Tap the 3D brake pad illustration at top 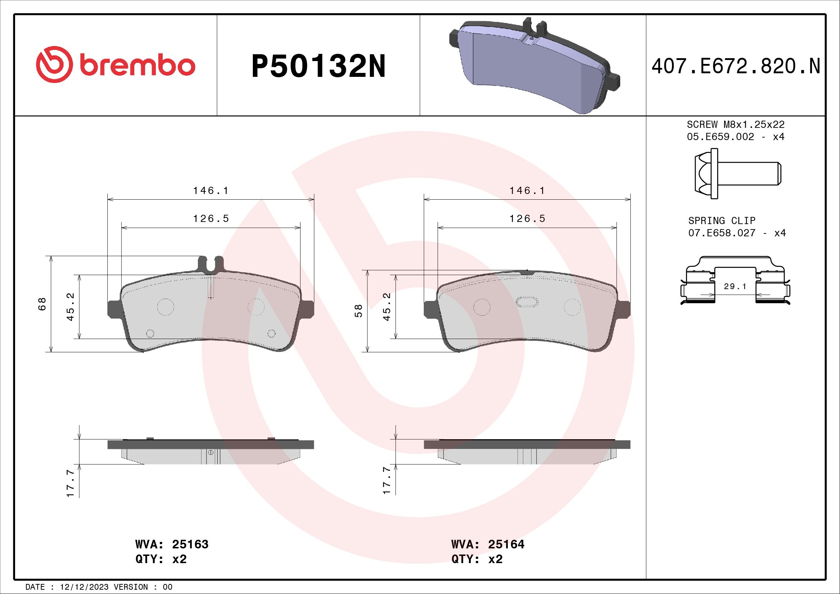(534, 66)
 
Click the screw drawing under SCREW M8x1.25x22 (737, 174)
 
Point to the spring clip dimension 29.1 (735, 286)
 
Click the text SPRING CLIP (721, 221)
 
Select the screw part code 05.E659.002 (720, 137)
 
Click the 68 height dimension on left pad (42, 303)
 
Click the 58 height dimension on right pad (359, 311)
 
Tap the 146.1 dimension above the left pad (211, 191)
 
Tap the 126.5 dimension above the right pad (527, 218)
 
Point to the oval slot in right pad (527, 302)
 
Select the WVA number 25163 (190, 544)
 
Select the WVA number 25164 (506, 544)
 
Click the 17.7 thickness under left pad (71, 483)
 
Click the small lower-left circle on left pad (150, 333)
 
